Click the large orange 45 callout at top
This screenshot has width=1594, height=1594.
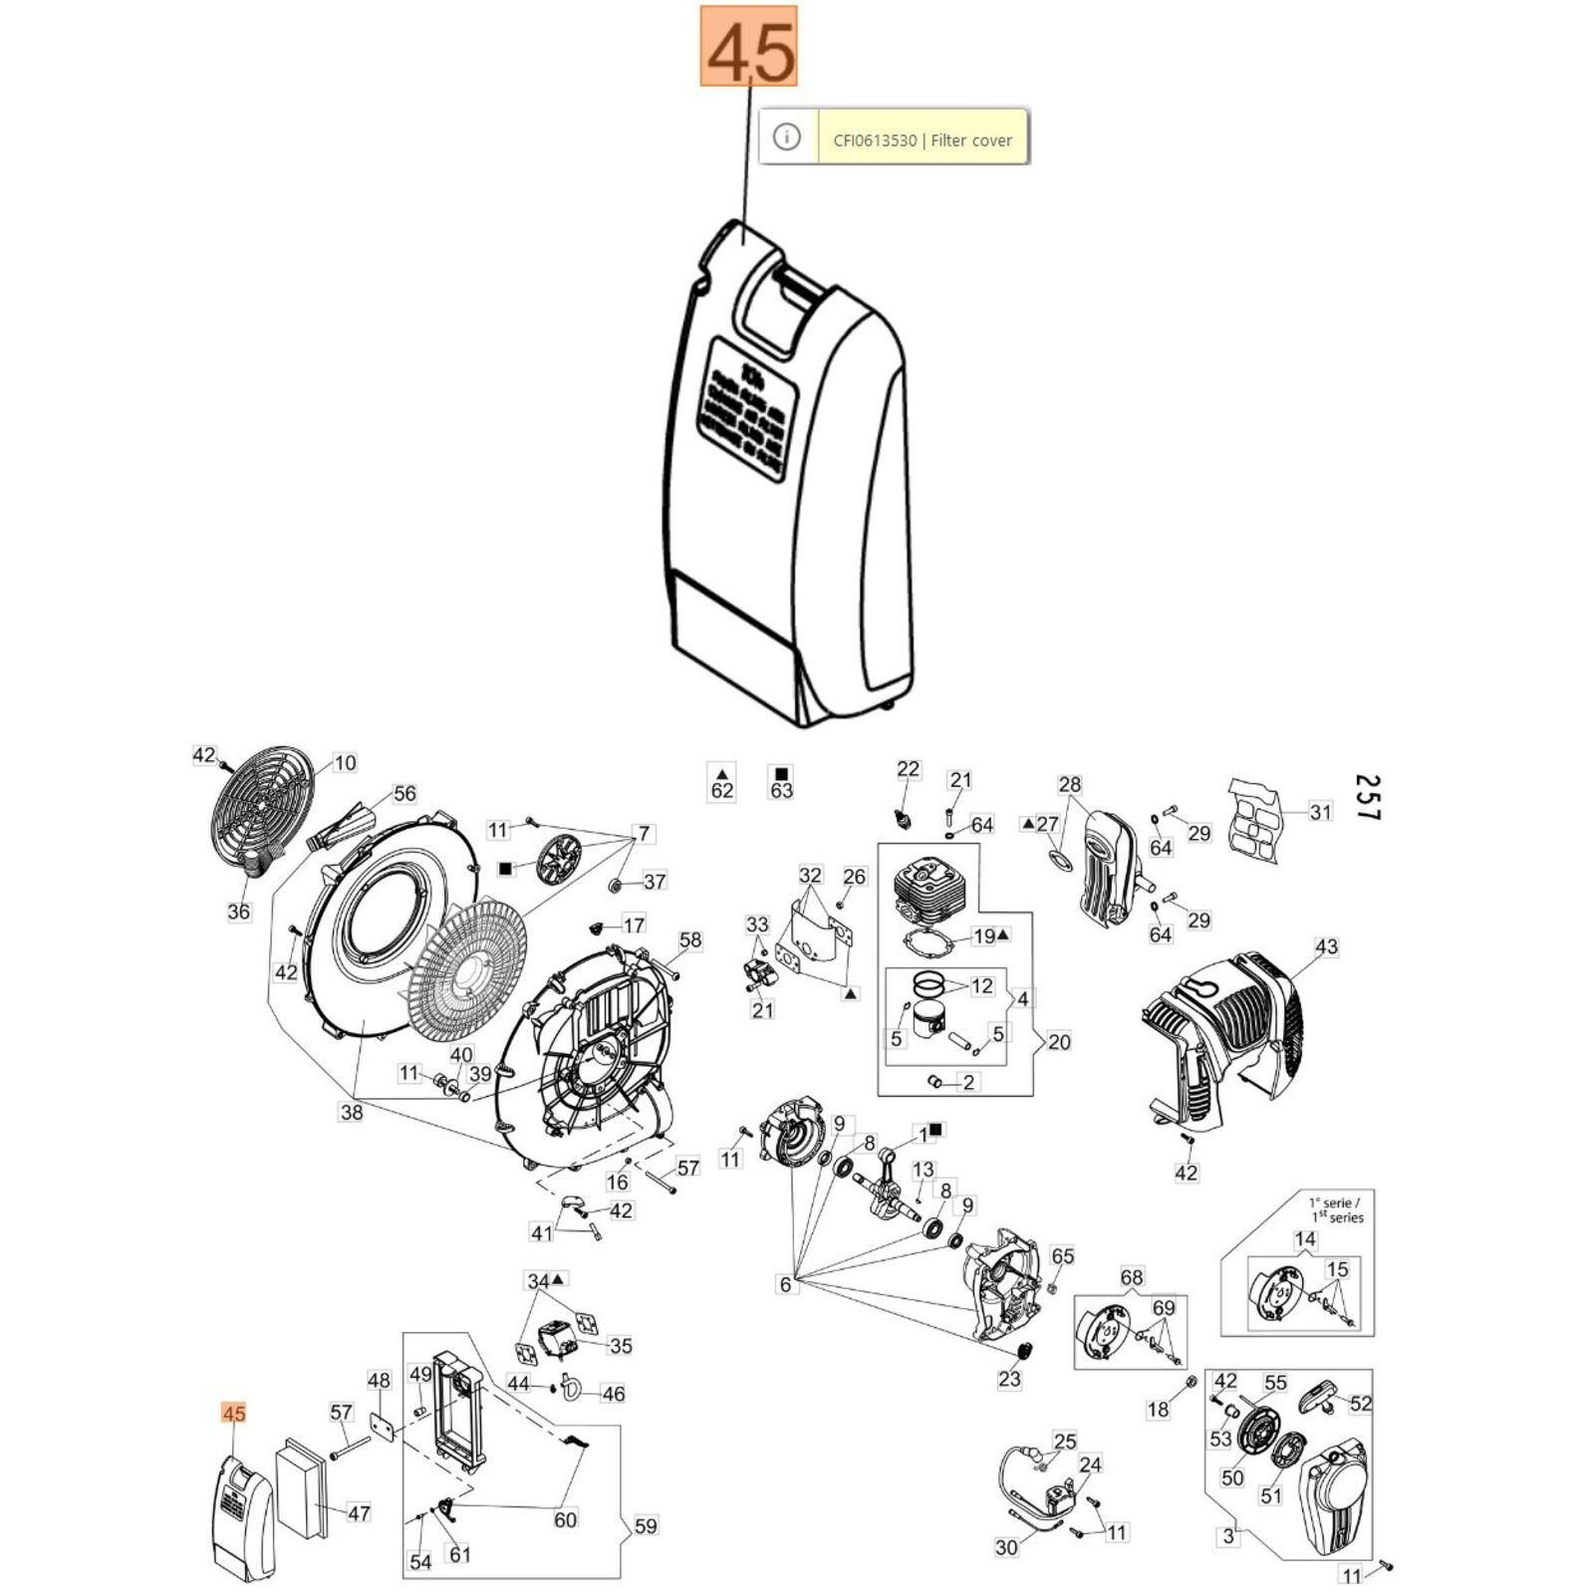coord(748,46)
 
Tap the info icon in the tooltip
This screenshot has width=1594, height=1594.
coord(787,136)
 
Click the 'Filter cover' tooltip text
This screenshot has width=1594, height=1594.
coord(923,140)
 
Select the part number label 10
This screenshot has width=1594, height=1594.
coord(345,763)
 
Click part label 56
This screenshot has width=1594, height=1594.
coord(404,794)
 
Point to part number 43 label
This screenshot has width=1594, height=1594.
coord(1326,946)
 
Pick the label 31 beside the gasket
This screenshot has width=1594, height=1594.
coord(1320,812)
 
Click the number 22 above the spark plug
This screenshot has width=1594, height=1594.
coord(908,769)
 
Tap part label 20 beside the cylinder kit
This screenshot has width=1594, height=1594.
coord(1059,1042)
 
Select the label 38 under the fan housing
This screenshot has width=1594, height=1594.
coord(351,1112)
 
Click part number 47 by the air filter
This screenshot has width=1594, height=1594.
coord(359,1513)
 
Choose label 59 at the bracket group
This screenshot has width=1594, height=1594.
coord(646,1525)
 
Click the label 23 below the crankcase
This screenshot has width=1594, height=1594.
coord(1009,1380)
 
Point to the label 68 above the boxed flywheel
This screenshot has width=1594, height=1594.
coord(1132,1277)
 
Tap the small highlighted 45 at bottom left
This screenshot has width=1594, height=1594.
coord(233,1414)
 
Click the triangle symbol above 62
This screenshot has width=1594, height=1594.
coord(722,773)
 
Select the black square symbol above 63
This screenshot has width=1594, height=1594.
coord(781,773)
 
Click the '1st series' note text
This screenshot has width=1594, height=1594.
coord(1337,1209)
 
